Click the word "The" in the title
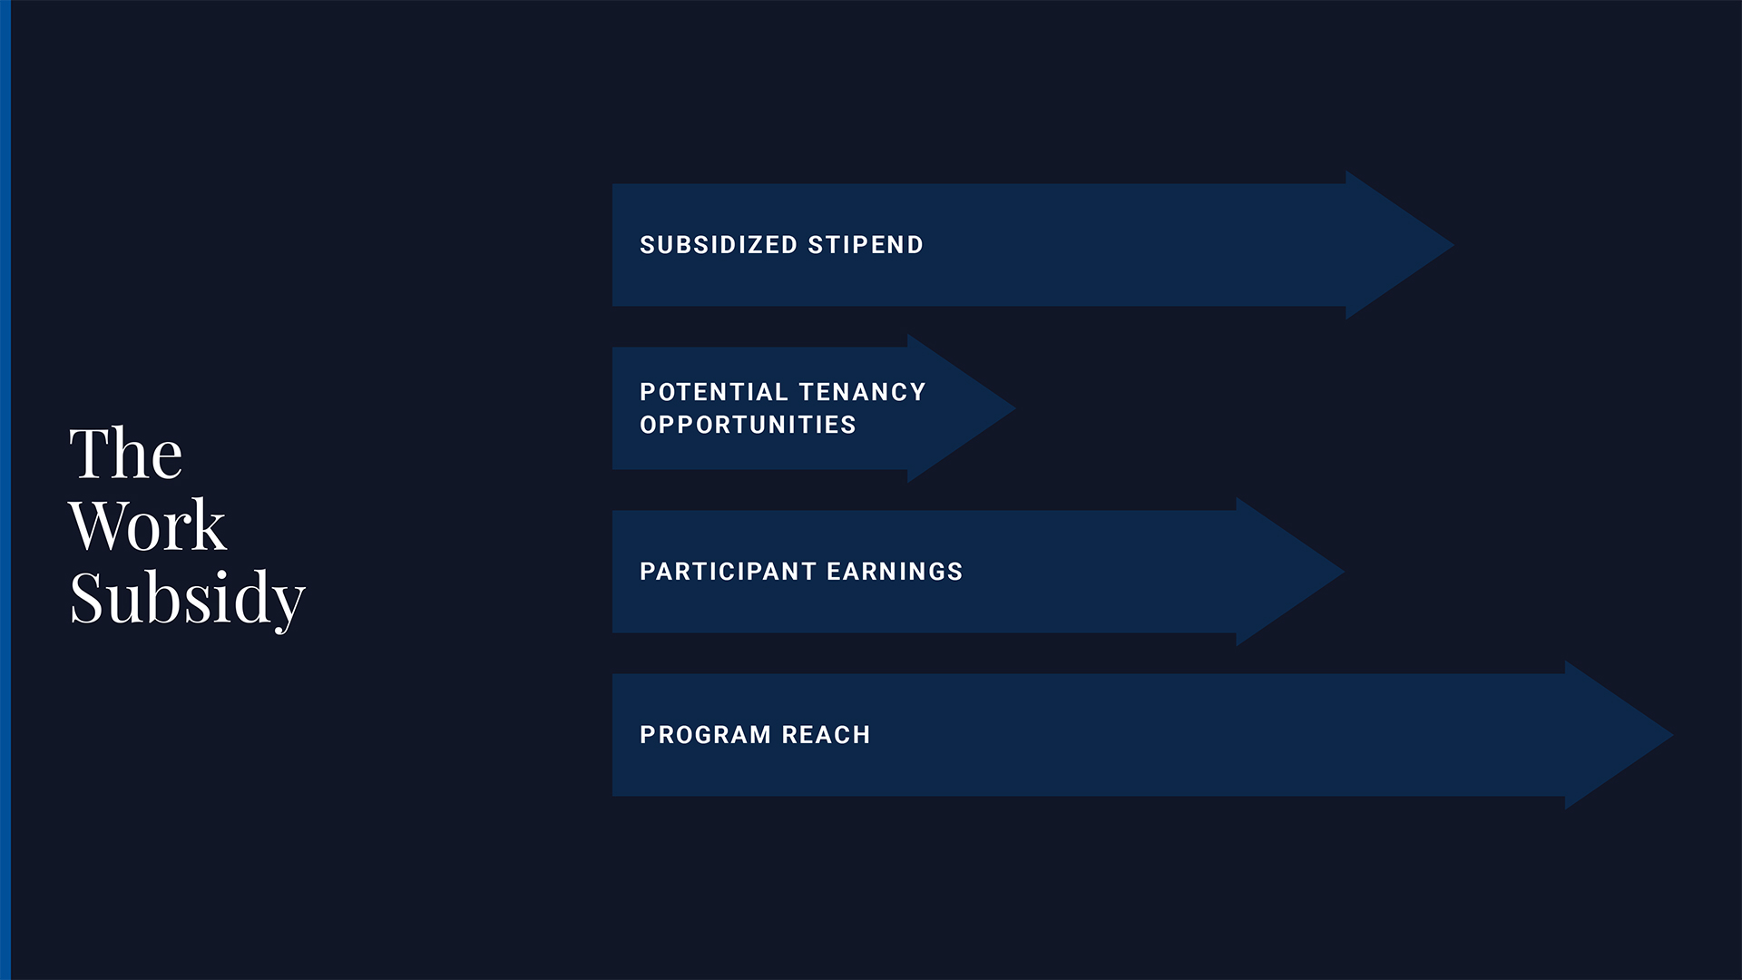[x=126, y=453]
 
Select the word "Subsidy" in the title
[x=188, y=599]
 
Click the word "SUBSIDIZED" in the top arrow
[x=719, y=245]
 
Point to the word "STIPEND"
[x=866, y=245]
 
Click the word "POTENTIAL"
[x=714, y=392]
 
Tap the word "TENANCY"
[x=863, y=392]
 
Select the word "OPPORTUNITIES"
[x=748, y=425]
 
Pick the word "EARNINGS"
[x=895, y=572]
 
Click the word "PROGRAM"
[x=706, y=735]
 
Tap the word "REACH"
[x=826, y=735]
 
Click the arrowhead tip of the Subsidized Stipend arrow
[x=1454, y=245]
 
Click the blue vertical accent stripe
[x=5, y=490]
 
